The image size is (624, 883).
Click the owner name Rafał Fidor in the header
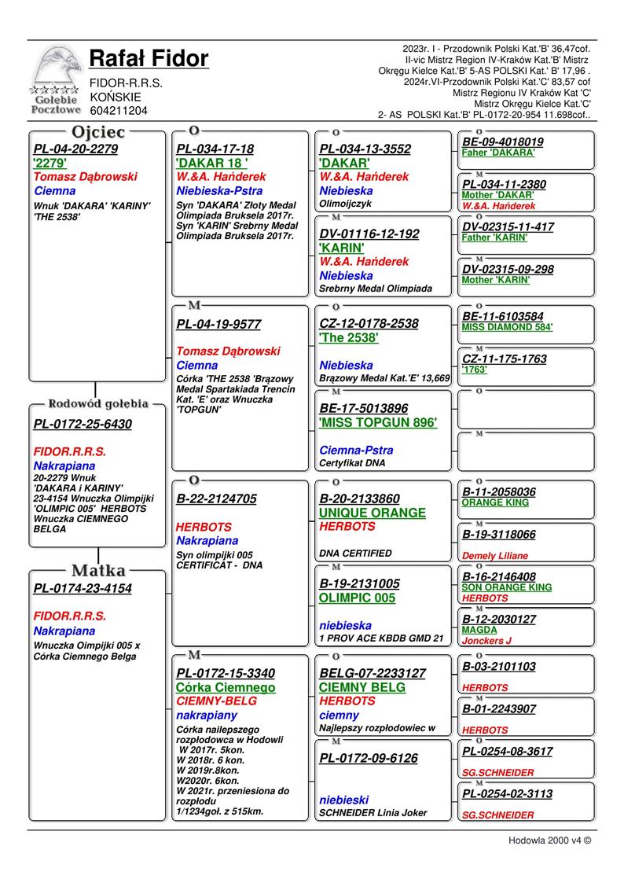tap(149, 59)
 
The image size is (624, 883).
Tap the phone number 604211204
tap(119, 111)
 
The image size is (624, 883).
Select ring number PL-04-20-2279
tap(75, 149)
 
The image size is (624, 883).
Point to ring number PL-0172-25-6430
tap(83, 425)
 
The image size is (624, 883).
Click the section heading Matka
tap(97, 570)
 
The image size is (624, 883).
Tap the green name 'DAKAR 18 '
tap(212, 164)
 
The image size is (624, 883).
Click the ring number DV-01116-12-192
tap(369, 234)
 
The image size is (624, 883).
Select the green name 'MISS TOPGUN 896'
tap(378, 422)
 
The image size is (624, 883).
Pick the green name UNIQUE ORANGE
tap(372, 513)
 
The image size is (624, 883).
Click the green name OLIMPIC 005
tap(357, 598)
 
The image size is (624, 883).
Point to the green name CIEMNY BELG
tap(362, 687)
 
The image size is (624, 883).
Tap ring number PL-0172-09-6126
tap(368, 758)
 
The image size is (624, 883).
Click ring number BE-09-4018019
tap(503, 142)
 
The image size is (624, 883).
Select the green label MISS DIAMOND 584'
tap(507, 327)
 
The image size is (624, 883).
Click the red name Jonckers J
tap(486, 641)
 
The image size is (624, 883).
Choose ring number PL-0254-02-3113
tap(507, 794)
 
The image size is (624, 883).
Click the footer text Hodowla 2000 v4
tap(549, 840)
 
